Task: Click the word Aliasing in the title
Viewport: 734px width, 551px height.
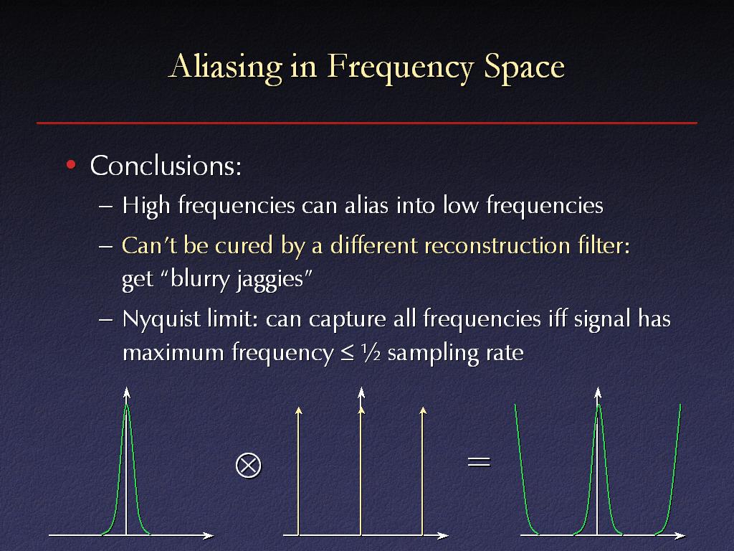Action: click(225, 67)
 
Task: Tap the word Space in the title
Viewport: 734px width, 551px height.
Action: click(524, 67)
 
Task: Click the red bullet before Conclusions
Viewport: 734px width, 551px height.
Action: click(71, 164)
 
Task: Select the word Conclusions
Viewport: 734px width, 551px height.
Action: click(166, 166)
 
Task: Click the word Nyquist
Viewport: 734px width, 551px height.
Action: click(161, 319)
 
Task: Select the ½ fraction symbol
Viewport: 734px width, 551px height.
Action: click(371, 352)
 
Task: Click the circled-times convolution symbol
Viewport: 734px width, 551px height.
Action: click(248, 466)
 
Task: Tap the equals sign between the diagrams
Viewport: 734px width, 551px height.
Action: click(479, 463)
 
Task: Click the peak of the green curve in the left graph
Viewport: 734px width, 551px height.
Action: click(126, 405)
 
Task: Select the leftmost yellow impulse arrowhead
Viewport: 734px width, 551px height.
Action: click(298, 411)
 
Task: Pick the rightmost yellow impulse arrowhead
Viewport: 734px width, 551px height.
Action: click(423, 411)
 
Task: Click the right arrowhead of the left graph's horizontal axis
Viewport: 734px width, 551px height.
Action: click(209, 535)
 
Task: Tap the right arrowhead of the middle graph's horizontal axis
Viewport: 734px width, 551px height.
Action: click(443, 535)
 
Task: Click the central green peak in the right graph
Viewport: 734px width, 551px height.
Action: click(598, 405)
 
